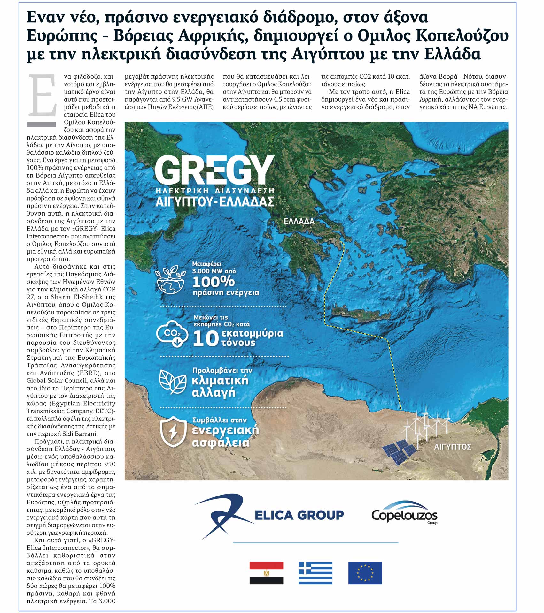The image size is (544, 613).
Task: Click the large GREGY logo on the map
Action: [214, 170]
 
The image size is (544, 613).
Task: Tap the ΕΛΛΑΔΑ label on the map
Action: [299, 221]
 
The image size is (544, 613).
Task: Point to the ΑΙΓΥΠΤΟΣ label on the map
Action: [452, 447]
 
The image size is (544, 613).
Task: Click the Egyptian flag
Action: [266, 573]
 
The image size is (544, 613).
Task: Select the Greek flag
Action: [315, 573]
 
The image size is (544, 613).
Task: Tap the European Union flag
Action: [365, 573]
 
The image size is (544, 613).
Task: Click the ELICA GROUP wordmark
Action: [299, 515]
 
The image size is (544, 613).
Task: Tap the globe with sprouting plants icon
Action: [170, 280]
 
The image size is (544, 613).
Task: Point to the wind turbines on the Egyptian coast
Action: [425, 426]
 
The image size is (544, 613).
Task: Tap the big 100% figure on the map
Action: [214, 282]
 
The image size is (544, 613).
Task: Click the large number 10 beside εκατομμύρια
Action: [206, 339]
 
